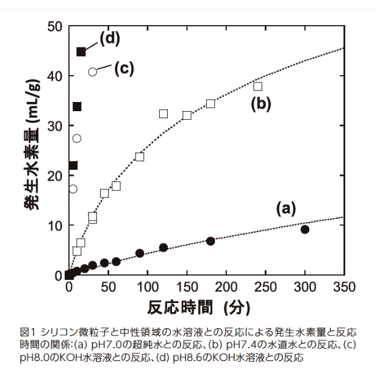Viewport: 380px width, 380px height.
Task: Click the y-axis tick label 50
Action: tap(53, 27)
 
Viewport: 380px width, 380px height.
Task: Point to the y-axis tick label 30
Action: tap(53, 126)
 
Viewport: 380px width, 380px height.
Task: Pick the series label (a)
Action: tap(286, 210)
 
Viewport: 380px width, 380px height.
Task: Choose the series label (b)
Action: tap(261, 104)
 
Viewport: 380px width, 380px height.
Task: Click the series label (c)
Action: tap(124, 68)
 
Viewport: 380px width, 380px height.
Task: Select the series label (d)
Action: tap(110, 38)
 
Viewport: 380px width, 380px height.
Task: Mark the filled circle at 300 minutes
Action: tap(305, 229)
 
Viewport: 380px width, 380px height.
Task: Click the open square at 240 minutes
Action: tap(258, 86)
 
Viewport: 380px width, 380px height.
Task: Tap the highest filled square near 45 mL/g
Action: tap(81, 51)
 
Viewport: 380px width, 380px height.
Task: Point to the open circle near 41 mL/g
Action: tap(93, 71)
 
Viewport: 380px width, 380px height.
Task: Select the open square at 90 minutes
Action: tap(140, 156)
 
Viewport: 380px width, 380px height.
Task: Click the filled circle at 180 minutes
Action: tap(210, 241)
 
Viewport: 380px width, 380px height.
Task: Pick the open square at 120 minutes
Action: tap(163, 114)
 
